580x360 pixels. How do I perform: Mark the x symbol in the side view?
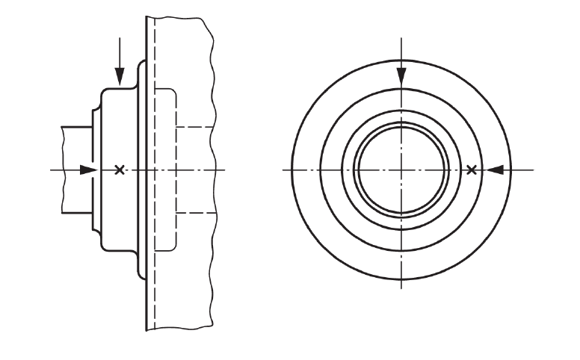(x=119, y=170)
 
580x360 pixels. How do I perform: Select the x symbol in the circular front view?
(x=471, y=170)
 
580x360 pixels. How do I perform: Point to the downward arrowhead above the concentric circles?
(x=401, y=78)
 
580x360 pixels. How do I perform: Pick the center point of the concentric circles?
(x=401, y=170)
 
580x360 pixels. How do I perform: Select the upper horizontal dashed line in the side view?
(x=196, y=127)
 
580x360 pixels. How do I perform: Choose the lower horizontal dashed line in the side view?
(x=196, y=214)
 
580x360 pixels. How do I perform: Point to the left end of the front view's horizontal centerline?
(x=284, y=170)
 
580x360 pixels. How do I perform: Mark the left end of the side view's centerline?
(x=51, y=170)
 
